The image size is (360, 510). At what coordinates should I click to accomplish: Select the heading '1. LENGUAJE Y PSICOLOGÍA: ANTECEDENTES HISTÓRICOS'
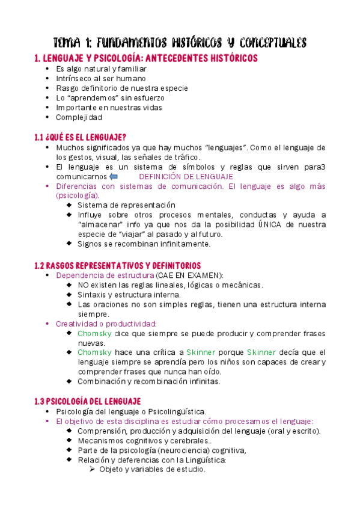coord(147,58)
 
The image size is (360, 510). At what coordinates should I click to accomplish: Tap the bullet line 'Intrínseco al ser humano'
coord(100,78)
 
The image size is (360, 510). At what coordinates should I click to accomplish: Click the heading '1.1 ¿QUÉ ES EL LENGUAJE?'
coord(81,137)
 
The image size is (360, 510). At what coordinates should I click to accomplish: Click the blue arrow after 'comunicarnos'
coord(114,177)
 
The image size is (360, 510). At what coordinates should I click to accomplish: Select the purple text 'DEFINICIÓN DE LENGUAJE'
coord(186,177)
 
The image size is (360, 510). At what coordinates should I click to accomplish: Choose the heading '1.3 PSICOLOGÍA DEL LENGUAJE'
coord(88,401)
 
